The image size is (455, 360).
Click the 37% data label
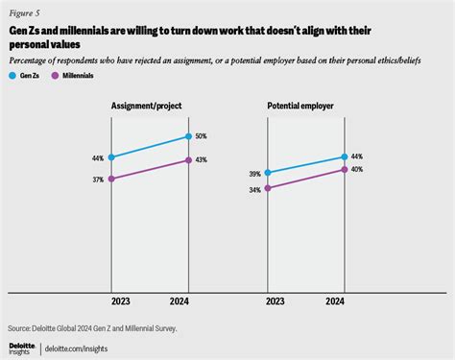pos(97,180)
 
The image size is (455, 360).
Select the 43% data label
pos(203,160)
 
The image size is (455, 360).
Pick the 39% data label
pos(253,174)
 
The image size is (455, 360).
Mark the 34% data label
pos(253,190)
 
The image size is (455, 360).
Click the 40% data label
pos(357,170)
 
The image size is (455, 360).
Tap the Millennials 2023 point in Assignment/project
pos(112,179)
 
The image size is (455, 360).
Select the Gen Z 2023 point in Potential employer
pos(267,173)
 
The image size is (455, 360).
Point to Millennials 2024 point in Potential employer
pos(344,169)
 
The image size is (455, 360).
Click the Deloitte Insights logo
pos(19,345)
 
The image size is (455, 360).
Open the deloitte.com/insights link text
pos(79,347)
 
